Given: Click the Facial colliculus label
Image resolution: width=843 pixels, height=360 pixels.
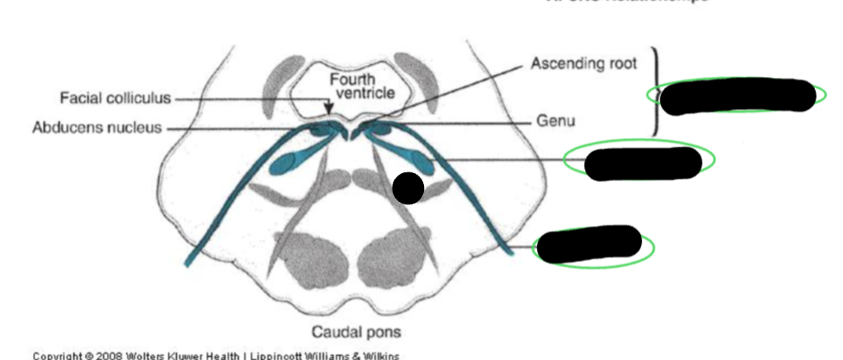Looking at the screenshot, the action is click(115, 99).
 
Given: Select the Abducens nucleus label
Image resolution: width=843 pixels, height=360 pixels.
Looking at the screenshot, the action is click(97, 127).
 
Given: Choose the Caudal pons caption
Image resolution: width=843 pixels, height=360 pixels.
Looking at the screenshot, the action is click(356, 332).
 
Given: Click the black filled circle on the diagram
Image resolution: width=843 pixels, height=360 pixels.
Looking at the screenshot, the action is click(408, 188).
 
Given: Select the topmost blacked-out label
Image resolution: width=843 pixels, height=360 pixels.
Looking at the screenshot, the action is click(736, 96).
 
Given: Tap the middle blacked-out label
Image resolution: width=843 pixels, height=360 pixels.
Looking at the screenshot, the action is click(642, 163).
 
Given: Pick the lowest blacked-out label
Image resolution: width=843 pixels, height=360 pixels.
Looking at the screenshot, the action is click(590, 244).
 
